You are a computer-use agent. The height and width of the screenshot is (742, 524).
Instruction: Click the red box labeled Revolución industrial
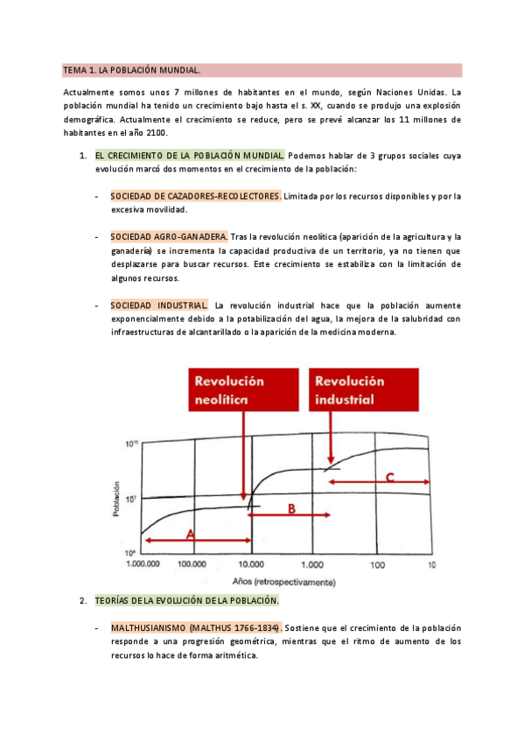(x=350, y=389)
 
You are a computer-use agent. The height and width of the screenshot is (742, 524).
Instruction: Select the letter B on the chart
(x=292, y=509)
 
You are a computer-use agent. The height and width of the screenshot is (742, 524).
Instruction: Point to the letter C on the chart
(x=390, y=478)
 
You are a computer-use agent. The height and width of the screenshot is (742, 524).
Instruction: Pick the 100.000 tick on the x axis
(x=198, y=566)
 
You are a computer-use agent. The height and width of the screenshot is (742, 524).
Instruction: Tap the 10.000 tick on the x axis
(x=253, y=566)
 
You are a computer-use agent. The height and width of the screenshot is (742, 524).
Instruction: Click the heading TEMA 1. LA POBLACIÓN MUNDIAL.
(x=131, y=70)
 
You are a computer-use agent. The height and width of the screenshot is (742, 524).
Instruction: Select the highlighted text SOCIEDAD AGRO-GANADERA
(x=169, y=237)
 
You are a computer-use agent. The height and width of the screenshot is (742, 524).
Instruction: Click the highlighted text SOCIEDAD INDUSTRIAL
(x=159, y=305)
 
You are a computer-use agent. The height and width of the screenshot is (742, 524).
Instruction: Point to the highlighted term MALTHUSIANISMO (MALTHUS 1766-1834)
(x=196, y=628)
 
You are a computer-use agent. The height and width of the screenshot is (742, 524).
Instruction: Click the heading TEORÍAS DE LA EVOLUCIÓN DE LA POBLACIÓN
(x=186, y=600)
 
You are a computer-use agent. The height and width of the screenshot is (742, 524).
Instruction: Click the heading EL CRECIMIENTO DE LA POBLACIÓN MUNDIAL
(x=190, y=155)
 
